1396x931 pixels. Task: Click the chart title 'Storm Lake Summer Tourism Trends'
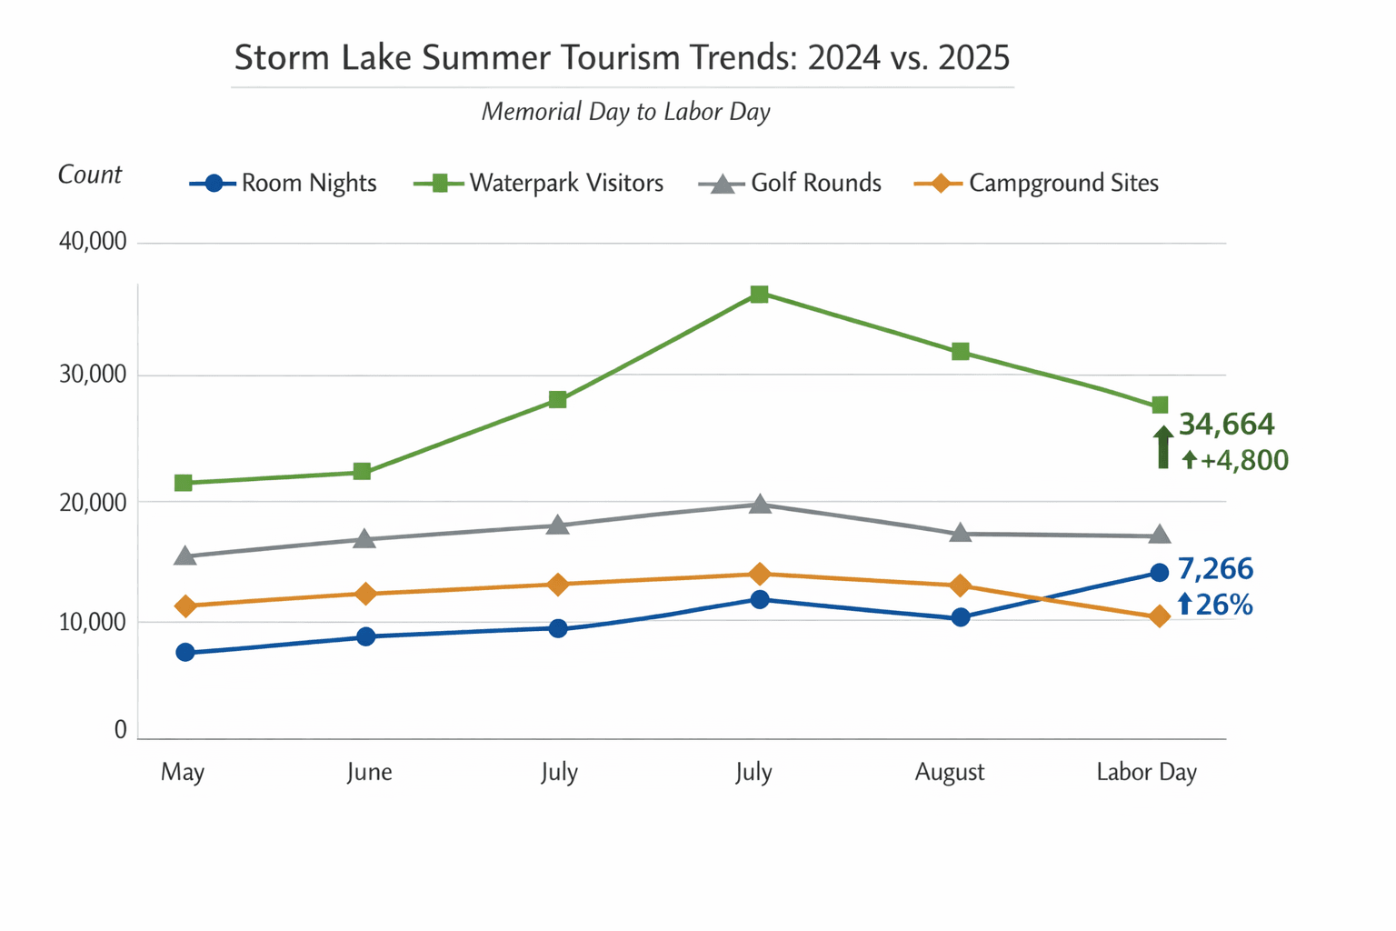click(622, 57)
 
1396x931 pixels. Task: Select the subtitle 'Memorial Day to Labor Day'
click(625, 112)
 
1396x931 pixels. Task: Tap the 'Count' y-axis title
click(89, 175)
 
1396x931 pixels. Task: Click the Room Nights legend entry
click(283, 183)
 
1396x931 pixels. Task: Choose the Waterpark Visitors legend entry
click(538, 183)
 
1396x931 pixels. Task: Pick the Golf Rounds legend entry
click(790, 183)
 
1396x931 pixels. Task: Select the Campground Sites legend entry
click(1036, 183)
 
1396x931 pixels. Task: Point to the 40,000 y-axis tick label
click(93, 243)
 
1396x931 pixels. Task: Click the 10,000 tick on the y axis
click(93, 623)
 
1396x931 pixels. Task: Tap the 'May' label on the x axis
click(183, 772)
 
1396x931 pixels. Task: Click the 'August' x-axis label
click(950, 772)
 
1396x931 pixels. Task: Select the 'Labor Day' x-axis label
click(1146, 772)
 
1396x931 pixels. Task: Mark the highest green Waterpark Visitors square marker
click(759, 294)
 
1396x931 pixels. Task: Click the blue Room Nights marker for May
click(185, 652)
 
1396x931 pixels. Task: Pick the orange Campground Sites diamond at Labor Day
click(1160, 616)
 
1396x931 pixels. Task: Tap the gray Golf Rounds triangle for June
click(364, 539)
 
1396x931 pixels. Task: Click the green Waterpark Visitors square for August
click(961, 352)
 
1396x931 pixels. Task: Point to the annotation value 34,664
click(1226, 425)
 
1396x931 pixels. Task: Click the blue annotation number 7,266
click(1215, 569)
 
